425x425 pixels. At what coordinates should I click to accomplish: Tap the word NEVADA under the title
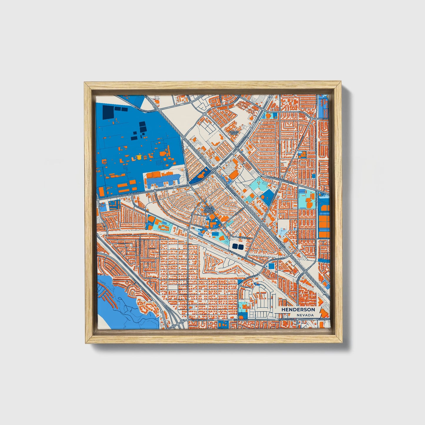[x=305, y=315]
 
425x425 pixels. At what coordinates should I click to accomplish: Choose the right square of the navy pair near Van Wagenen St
[x=241, y=246]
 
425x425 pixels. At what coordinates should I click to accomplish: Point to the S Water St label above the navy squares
[x=244, y=237]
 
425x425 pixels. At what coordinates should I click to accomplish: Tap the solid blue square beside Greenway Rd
[x=271, y=266]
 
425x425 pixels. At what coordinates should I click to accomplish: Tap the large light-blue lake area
[x=124, y=306]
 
